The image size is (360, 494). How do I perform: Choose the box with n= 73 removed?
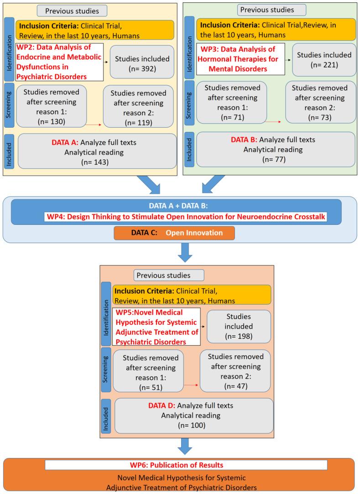321,102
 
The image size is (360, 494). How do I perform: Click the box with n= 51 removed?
148,372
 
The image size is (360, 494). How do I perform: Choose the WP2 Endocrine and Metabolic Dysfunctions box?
56,63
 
